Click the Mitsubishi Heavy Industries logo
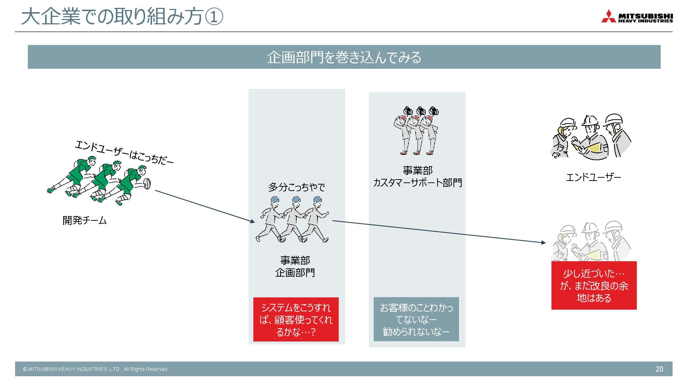point(637,16)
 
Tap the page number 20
point(659,369)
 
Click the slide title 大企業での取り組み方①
point(122,17)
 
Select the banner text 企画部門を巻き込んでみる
point(344,57)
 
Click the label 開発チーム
point(85,220)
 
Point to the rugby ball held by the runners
point(147,183)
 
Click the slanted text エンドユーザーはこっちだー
point(124,153)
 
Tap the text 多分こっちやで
point(296,187)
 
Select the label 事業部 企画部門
point(295,266)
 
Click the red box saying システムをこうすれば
point(296,319)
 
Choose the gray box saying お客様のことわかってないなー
point(416,319)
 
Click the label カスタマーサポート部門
point(417,183)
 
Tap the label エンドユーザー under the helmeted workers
point(593,177)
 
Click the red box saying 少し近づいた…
point(594,286)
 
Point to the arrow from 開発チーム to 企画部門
point(205,206)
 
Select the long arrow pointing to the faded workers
point(439,231)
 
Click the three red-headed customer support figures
point(416,130)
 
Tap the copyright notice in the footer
point(96,369)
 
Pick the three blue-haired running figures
point(293,219)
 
